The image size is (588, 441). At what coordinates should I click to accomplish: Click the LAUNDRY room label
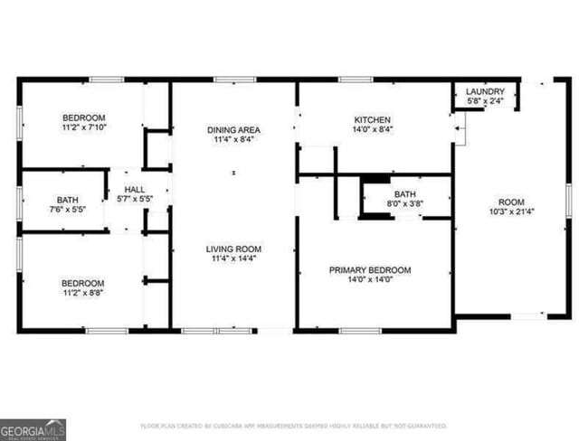pyautogui.click(x=484, y=92)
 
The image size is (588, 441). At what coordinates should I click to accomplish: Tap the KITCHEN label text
pyautogui.click(x=372, y=119)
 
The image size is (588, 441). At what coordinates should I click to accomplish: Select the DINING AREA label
pyautogui.click(x=233, y=130)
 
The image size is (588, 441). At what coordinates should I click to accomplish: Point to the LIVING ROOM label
pyautogui.click(x=233, y=249)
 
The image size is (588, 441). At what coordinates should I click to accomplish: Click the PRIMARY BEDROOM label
pyautogui.click(x=370, y=269)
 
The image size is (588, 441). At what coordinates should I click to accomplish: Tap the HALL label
pyautogui.click(x=134, y=190)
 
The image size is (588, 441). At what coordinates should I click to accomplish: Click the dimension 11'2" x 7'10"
pyautogui.click(x=84, y=128)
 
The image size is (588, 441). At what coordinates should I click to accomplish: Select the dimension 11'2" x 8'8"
pyautogui.click(x=82, y=293)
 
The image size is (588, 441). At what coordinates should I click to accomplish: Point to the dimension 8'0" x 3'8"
pyautogui.click(x=403, y=205)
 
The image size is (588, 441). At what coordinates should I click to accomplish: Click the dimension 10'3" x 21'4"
pyautogui.click(x=510, y=212)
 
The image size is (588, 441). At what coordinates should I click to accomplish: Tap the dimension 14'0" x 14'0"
pyautogui.click(x=370, y=280)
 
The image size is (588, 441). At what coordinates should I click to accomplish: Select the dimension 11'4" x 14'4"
pyautogui.click(x=233, y=259)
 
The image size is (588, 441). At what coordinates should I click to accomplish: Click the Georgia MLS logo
pyautogui.click(x=33, y=428)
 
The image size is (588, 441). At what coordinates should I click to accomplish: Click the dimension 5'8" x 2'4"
pyautogui.click(x=484, y=102)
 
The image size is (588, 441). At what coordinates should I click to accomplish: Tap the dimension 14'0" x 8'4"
pyautogui.click(x=372, y=130)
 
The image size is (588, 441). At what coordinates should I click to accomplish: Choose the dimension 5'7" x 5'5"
pyautogui.click(x=134, y=200)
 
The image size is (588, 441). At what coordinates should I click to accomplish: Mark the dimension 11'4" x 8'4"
pyautogui.click(x=233, y=140)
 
